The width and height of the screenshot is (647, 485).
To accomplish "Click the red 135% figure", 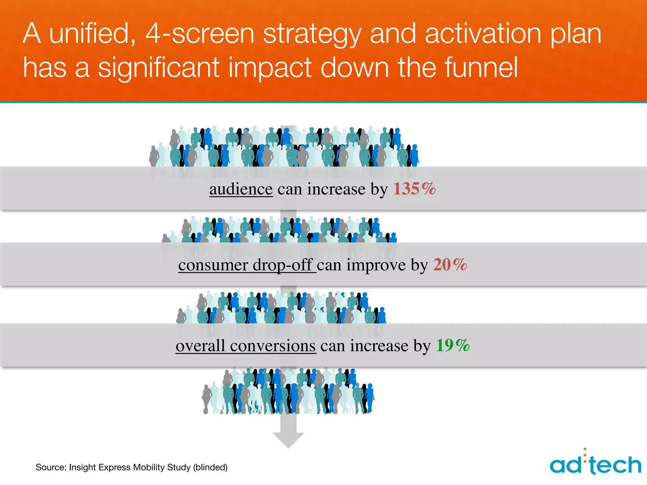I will pos(414,189).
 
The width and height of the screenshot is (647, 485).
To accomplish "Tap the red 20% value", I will pos(450,265).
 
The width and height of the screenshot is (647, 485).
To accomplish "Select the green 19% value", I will pos(453,345).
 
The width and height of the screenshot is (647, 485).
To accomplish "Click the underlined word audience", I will pos(241,189).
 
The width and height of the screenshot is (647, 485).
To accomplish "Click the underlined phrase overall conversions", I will pos(245,345).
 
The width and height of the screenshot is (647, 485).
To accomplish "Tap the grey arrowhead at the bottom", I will pos(288,440).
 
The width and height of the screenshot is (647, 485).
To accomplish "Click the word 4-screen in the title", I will pos(200,34).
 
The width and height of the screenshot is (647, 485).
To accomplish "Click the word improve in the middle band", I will pos(376,265).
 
